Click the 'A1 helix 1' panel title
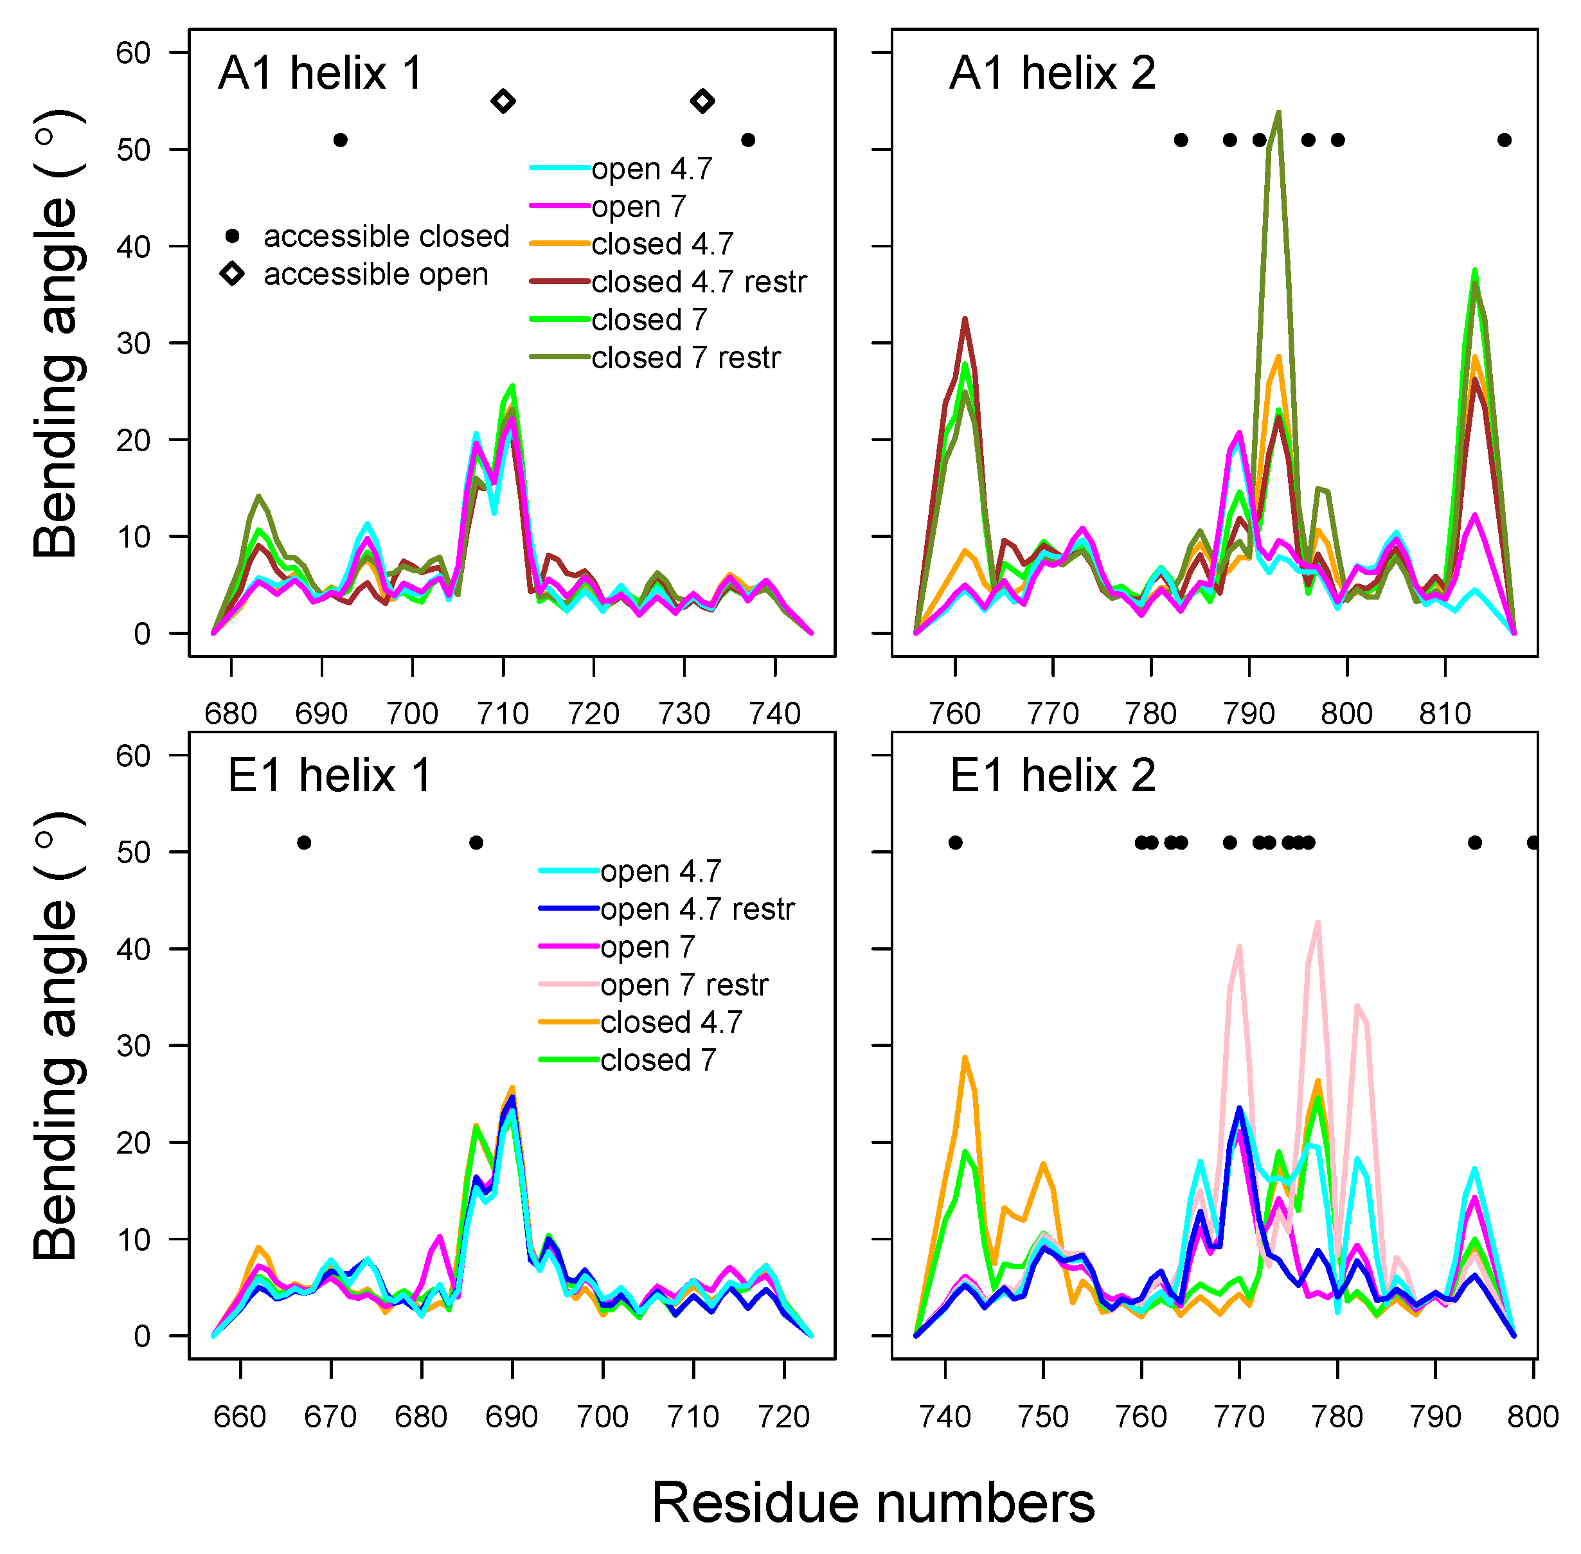(x=320, y=73)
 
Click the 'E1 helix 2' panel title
(x=1052, y=774)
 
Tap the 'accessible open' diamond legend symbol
(x=233, y=273)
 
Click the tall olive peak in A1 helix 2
(x=1278, y=114)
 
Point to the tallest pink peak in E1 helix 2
(x=1317, y=923)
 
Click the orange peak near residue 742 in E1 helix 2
(x=965, y=1058)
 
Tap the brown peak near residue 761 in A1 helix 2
(x=965, y=319)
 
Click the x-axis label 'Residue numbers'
(x=873, y=1503)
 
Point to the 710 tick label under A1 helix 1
(x=503, y=713)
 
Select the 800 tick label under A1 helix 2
(x=1347, y=713)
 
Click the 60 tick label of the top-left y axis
(x=132, y=53)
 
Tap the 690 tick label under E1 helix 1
(x=512, y=1416)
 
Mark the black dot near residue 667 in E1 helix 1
(x=303, y=843)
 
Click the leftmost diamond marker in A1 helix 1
(x=504, y=101)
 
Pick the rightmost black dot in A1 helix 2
(x=1505, y=140)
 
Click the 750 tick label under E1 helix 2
(x=1043, y=1416)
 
